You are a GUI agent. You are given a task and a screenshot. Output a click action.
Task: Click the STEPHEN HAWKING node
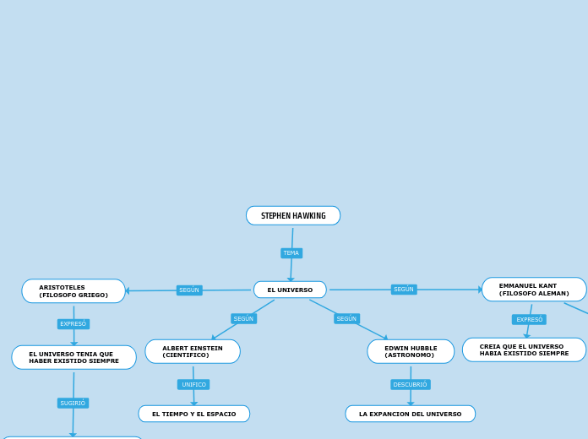[293, 216]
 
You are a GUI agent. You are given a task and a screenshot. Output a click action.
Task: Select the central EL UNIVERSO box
[290, 290]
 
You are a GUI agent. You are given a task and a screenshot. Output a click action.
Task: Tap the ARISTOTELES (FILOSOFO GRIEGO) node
[73, 291]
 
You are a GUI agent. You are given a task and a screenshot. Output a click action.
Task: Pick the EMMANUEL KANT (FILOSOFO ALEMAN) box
[534, 290]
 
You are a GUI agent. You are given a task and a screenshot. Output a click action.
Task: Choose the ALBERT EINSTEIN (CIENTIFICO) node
[193, 351]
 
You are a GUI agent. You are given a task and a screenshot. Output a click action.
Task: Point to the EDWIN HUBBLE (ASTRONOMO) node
[411, 351]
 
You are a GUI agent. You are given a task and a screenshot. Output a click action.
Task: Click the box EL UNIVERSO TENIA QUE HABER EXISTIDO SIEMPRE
[73, 357]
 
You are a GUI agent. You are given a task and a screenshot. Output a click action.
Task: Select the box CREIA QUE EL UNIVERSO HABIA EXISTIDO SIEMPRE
[524, 350]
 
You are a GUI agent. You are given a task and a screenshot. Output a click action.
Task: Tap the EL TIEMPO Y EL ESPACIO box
[194, 414]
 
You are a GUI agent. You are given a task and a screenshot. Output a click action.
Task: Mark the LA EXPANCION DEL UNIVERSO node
[411, 414]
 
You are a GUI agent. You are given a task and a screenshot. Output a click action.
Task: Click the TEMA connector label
[291, 253]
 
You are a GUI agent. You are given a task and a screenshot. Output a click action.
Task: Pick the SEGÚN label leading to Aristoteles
[189, 290]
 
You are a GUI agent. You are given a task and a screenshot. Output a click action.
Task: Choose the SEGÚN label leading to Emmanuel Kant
[404, 290]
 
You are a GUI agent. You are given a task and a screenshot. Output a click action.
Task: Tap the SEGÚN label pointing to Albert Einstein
[243, 318]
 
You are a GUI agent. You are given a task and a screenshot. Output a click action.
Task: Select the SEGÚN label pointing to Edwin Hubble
[346, 318]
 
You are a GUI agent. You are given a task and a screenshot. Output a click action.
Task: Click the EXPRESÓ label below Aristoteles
[73, 324]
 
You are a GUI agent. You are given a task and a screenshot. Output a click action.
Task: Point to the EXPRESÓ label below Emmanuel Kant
[529, 319]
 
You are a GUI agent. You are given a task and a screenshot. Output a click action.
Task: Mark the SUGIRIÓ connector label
[73, 404]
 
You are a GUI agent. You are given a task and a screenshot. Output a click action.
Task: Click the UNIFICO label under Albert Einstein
[193, 385]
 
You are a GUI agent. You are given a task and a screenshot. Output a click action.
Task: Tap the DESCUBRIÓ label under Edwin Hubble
[411, 385]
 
